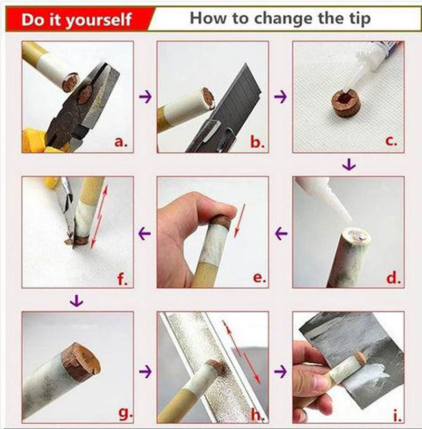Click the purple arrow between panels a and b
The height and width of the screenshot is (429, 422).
coord(145,96)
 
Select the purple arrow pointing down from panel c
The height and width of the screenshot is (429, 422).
coord(349,165)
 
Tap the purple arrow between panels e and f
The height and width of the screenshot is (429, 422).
coord(145,233)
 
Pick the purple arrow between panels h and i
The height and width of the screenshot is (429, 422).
coord(280,372)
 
